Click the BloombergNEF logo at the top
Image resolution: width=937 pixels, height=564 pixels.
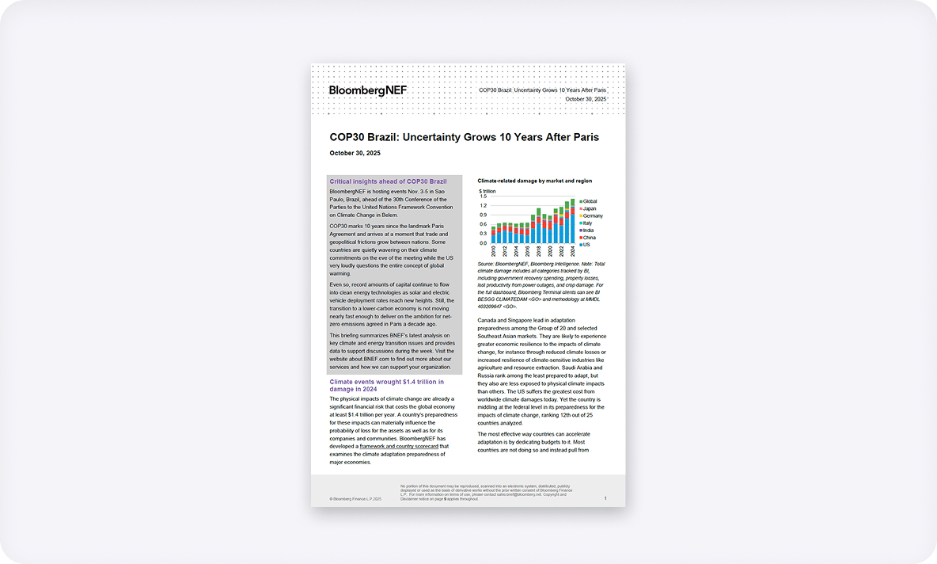click(x=367, y=90)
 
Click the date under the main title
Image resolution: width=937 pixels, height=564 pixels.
click(x=355, y=153)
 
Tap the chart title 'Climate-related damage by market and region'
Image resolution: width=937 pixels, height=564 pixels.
click(x=534, y=181)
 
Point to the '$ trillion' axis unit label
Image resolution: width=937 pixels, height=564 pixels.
click(x=487, y=191)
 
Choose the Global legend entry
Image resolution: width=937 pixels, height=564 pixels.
click(x=590, y=201)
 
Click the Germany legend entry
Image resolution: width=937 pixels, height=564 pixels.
click(x=592, y=215)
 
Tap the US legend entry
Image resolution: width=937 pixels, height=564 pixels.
click(x=586, y=245)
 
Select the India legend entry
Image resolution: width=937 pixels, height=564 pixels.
click(x=588, y=231)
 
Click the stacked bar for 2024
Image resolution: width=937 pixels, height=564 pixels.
click(x=572, y=222)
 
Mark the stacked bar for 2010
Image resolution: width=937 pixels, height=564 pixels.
click(x=493, y=235)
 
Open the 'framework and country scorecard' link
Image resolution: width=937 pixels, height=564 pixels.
click(x=399, y=447)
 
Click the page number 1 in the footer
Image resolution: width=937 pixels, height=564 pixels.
click(x=605, y=498)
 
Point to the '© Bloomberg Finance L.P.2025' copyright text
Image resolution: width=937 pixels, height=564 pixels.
click(x=355, y=499)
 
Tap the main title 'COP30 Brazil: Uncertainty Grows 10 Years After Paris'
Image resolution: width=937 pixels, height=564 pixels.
click(x=464, y=137)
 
